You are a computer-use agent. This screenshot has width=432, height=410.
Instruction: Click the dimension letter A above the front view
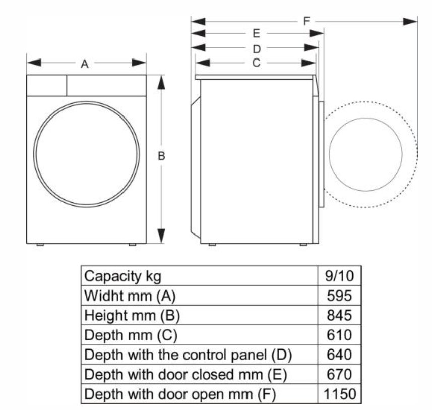point(85,64)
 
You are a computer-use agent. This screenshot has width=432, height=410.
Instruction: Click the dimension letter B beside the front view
point(161,156)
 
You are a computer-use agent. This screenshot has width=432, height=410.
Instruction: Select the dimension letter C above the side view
point(256,63)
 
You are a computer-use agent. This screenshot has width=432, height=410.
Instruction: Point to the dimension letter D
point(257,49)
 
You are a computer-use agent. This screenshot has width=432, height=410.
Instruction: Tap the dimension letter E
point(256,34)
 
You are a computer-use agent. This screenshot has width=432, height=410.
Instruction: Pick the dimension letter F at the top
point(306,21)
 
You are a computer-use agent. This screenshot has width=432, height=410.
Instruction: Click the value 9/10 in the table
point(339,276)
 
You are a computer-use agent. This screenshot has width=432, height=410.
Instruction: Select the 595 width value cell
point(339,296)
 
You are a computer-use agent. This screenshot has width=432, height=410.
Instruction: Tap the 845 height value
point(339,315)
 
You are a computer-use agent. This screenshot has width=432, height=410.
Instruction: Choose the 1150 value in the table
point(340,394)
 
